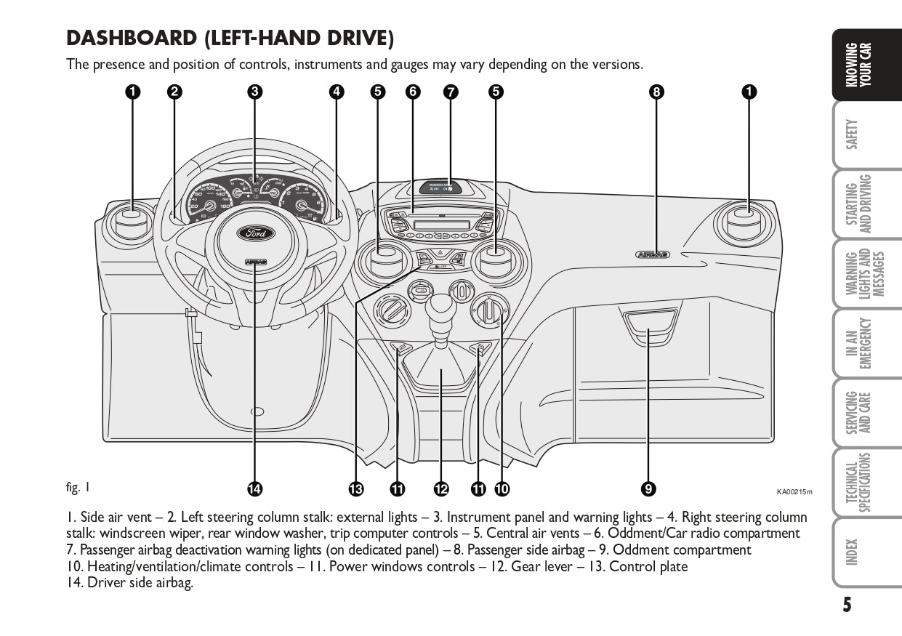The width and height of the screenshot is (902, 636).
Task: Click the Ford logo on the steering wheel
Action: [x=254, y=234]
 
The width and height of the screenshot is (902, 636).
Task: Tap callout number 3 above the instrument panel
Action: [x=254, y=92]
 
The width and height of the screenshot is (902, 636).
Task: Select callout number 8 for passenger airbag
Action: [x=656, y=92]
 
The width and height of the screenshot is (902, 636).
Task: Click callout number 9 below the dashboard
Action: [x=649, y=489]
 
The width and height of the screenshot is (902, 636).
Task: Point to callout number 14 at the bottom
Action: [x=254, y=489]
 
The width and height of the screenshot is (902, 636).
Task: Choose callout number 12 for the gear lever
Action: [x=441, y=489]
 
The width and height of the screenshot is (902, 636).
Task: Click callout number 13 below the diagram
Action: [x=355, y=489]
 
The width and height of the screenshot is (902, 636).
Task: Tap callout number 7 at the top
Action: [x=451, y=92]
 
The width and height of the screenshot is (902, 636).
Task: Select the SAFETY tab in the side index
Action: [x=853, y=134]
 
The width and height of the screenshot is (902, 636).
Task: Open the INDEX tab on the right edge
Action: [x=853, y=552]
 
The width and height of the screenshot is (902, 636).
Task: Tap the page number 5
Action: [x=847, y=605]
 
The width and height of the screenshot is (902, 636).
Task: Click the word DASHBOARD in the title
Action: [x=132, y=38]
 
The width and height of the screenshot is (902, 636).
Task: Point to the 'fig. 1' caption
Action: [x=78, y=487]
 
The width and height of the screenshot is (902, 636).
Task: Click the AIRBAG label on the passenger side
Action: [x=652, y=254]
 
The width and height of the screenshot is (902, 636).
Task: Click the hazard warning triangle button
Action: [x=439, y=254]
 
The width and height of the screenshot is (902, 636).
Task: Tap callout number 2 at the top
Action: [x=174, y=92]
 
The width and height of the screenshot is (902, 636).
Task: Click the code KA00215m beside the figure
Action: [x=794, y=492]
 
